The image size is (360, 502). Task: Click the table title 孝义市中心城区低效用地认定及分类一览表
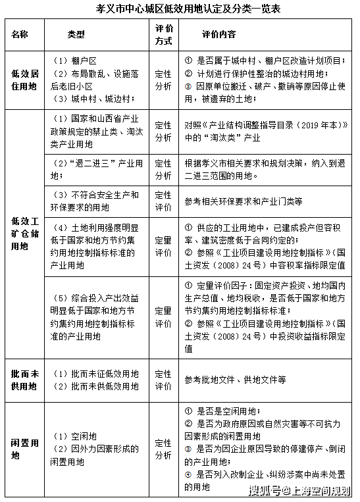click(x=179, y=10)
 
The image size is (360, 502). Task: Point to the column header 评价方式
click(x=163, y=34)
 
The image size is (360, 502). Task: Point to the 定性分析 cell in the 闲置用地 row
click(x=163, y=449)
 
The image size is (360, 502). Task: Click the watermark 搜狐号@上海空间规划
click(x=299, y=490)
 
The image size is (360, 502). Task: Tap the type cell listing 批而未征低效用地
click(x=96, y=374)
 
